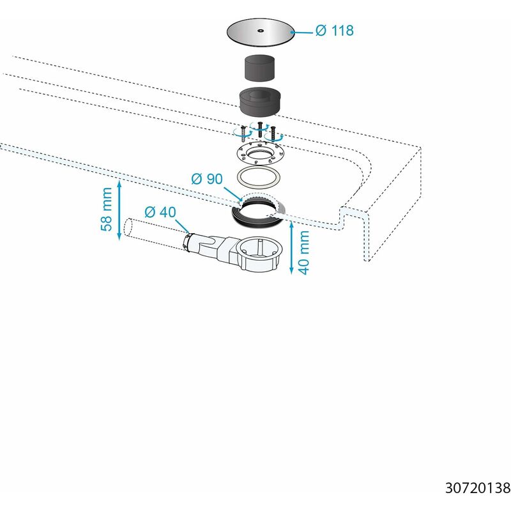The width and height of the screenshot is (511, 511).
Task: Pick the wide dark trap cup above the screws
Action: (x=261, y=103)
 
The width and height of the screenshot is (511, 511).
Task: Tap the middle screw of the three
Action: (x=259, y=132)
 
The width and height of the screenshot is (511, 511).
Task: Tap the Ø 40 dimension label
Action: (x=160, y=211)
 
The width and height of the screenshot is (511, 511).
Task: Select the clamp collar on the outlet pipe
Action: (x=187, y=241)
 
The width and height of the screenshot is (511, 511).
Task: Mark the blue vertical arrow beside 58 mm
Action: (x=119, y=210)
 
